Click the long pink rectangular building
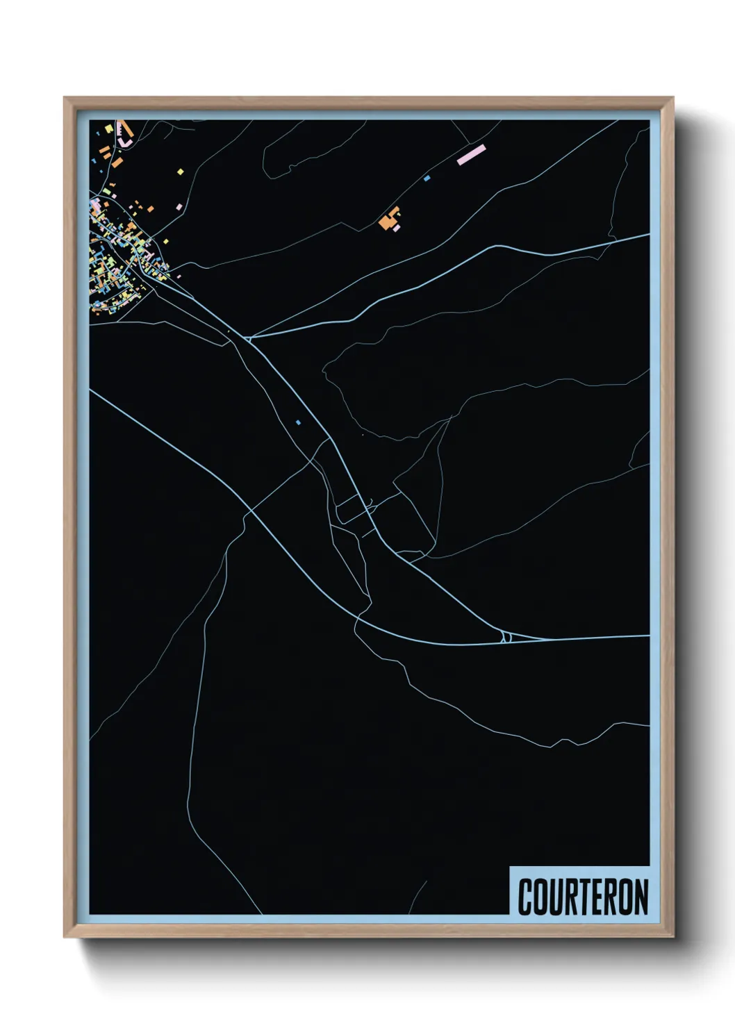(x=470, y=154)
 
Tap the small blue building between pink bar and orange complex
(x=427, y=179)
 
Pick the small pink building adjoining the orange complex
(x=397, y=226)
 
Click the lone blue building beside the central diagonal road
(x=299, y=422)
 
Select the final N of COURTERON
(x=641, y=897)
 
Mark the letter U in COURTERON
(x=554, y=897)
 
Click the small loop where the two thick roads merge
(x=506, y=636)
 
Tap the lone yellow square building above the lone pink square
(x=180, y=172)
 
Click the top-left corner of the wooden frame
(x=65, y=98)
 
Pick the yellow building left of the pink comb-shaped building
(x=109, y=129)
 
